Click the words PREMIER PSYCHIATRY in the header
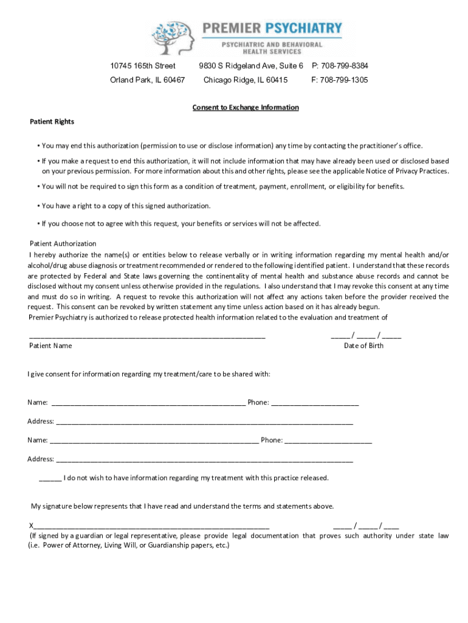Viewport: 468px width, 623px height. pyautogui.click(x=272, y=28)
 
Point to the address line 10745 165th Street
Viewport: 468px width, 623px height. pyautogui.click(x=143, y=66)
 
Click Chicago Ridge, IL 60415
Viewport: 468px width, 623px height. pyautogui.click(x=246, y=80)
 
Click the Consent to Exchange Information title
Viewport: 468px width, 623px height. pyautogui.click(x=246, y=108)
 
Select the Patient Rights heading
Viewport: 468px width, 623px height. pyautogui.click(x=52, y=122)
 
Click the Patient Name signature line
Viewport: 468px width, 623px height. pyautogui.click(x=147, y=336)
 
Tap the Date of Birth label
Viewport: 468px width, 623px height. pyautogui.click(x=363, y=346)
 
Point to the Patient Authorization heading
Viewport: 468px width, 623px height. pyautogui.click(x=63, y=243)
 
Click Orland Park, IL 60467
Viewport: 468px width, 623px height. pyautogui.click(x=148, y=80)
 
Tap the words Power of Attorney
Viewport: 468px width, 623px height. pyautogui.click(x=70, y=545)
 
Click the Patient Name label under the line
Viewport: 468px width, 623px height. pyautogui.click(x=50, y=346)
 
